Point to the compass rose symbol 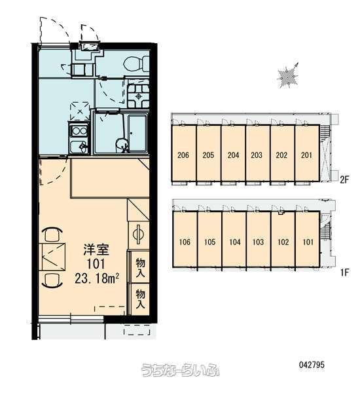(288, 75)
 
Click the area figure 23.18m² (97, 278)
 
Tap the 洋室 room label (96, 250)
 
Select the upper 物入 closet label (140, 267)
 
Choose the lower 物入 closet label (140, 299)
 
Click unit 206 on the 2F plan (183, 155)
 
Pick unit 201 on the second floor (306, 155)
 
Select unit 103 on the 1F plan (258, 242)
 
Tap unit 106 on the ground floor (185, 242)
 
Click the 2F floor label (344, 179)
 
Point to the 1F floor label (344, 272)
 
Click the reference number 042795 (312, 365)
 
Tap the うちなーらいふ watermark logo (179, 370)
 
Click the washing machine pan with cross (80, 111)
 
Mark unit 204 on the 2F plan (233, 155)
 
